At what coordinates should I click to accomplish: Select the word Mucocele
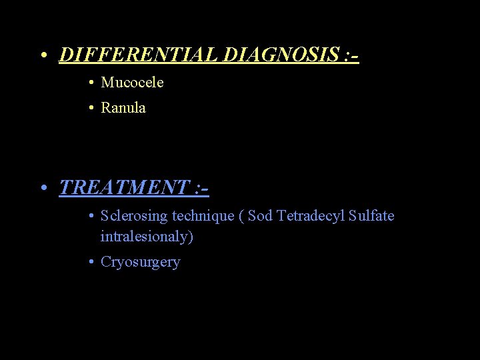coord(132,83)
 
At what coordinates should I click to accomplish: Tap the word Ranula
coord(123,107)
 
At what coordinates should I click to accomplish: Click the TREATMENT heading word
coord(123,187)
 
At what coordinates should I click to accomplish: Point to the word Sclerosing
coord(134,216)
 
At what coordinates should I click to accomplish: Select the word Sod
coord(260,216)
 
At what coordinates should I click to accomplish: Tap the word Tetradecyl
coord(311,216)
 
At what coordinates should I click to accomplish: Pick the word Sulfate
coord(371,216)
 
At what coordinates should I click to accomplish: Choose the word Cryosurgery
coord(140,262)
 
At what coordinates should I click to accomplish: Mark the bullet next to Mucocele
coord(90,83)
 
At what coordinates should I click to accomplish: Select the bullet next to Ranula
coord(90,108)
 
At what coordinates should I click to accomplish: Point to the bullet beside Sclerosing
coord(90,217)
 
